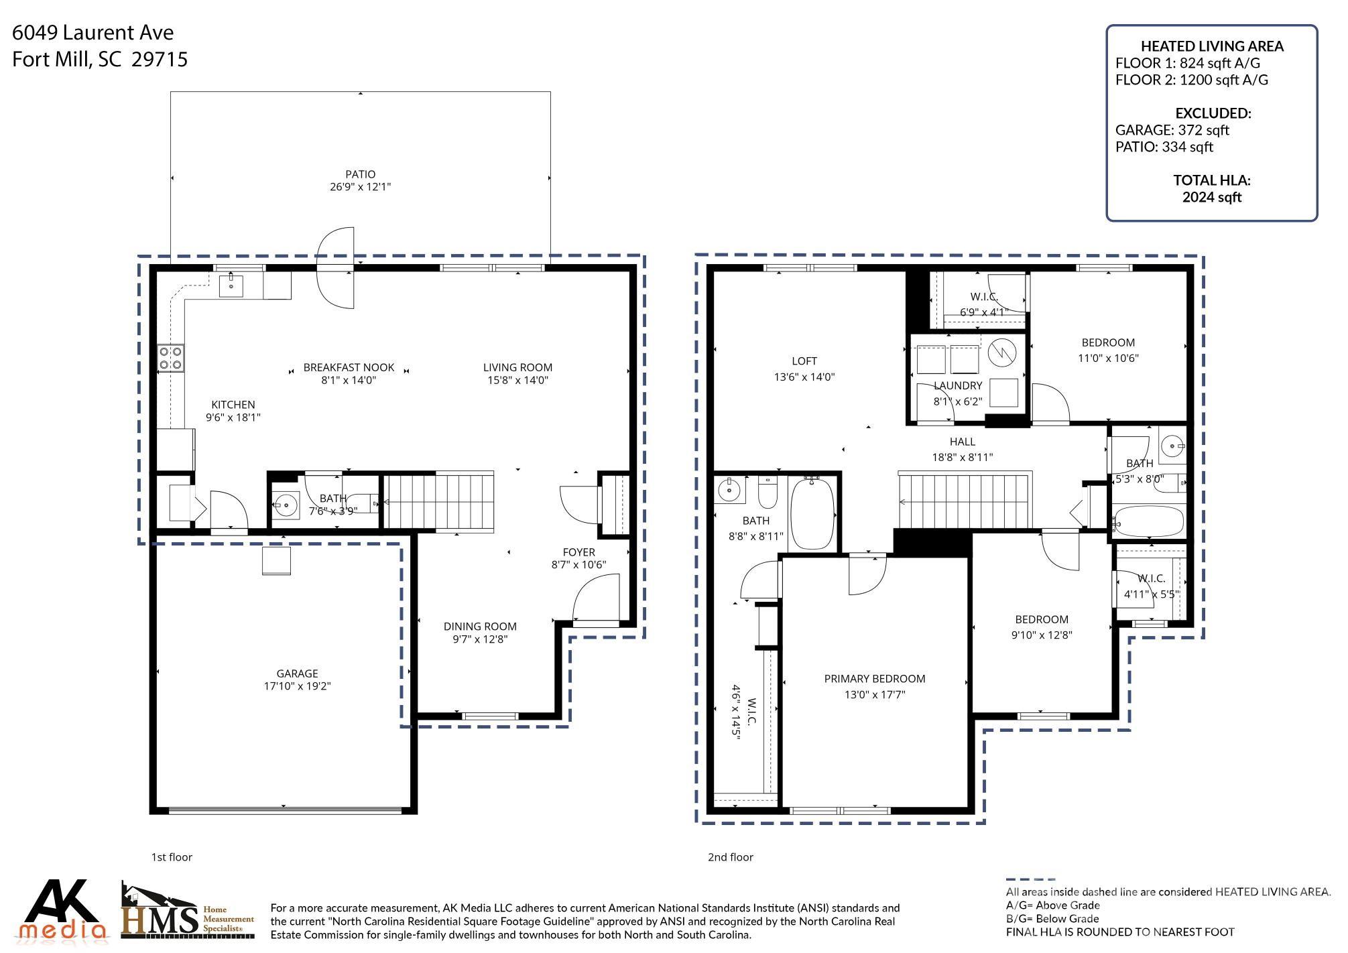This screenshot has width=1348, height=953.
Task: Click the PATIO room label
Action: click(x=360, y=174)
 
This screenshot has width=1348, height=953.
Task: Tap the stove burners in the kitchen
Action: click(x=170, y=358)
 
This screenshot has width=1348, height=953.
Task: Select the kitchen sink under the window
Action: click(x=231, y=285)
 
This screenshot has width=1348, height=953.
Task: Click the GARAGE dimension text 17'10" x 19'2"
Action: click(x=297, y=686)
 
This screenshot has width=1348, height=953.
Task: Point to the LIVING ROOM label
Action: click(x=517, y=367)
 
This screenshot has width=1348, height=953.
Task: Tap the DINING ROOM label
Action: click(x=480, y=627)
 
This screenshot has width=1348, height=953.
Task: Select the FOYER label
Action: click(x=578, y=552)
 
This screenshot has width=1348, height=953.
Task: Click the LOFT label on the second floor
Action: click(x=804, y=361)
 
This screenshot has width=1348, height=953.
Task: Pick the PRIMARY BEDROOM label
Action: click(x=874, y=679)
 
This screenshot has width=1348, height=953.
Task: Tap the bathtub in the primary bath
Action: click(x=812, y=514)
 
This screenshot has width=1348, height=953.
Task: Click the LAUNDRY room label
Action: click(x=957, y=386)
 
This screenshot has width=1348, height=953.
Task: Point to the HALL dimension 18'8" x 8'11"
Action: click(x=962, y=458)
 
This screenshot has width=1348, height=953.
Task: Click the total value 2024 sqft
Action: click(x=1211, y=197)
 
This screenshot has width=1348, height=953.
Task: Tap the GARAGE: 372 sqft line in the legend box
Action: click(x=1172, y=130)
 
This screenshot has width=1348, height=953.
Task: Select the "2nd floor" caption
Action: click(x=730, y=857)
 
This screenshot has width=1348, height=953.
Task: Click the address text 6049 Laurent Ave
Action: click(x=93, y=33)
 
